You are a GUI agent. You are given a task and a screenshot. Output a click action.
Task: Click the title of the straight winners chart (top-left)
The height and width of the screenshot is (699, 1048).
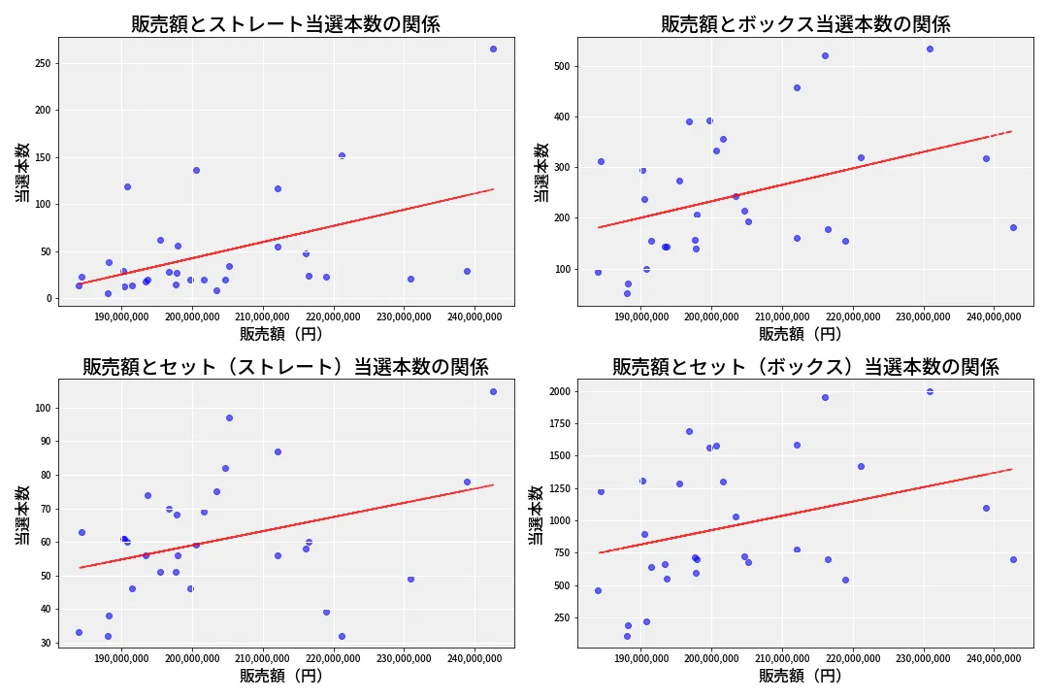(x=285, y=24)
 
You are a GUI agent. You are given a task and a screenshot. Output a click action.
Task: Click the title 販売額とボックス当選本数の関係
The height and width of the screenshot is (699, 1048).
(x=805, y=24)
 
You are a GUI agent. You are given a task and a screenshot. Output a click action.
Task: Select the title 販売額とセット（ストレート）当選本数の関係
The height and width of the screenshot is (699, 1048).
(x=285, y=367)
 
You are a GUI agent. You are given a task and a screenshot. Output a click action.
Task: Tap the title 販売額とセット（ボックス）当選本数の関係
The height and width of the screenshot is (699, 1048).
(x=805, y=367)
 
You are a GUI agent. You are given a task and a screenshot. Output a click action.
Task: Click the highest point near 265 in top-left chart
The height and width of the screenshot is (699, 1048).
(x=493, y=49)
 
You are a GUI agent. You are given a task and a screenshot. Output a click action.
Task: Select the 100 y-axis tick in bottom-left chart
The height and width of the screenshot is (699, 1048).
(x=41, y=408)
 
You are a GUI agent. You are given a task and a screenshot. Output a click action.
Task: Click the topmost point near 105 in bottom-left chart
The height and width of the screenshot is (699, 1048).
(x=493, y=391)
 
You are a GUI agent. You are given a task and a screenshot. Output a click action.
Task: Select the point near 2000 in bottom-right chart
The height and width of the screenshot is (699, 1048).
(x=930, y=391)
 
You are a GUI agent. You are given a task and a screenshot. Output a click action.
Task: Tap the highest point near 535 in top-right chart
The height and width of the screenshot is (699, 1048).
(x=930, y=49)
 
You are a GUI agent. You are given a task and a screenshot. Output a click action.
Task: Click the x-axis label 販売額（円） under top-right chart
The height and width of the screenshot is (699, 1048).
(x=800, y=334)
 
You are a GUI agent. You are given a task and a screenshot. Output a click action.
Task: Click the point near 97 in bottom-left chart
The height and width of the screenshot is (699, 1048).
(x=229, y=417)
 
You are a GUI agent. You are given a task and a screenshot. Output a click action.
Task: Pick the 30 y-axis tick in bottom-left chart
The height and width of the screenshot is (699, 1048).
(x=44, y=643)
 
